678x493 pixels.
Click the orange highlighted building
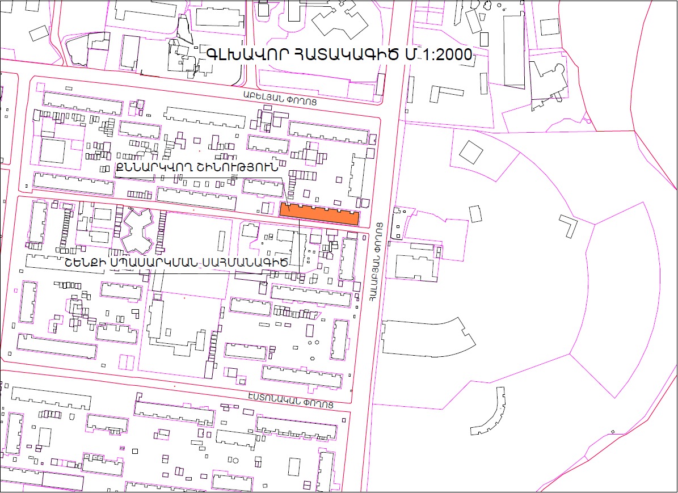pyautogui.click(x=319, y=213)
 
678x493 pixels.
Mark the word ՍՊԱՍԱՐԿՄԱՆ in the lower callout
pyautogui.click(x=161, y=262)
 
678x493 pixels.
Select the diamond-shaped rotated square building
pyautogui.click(x=471, y=151)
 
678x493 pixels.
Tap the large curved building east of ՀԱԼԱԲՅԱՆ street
pyautogui.click(x=426, y=339)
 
